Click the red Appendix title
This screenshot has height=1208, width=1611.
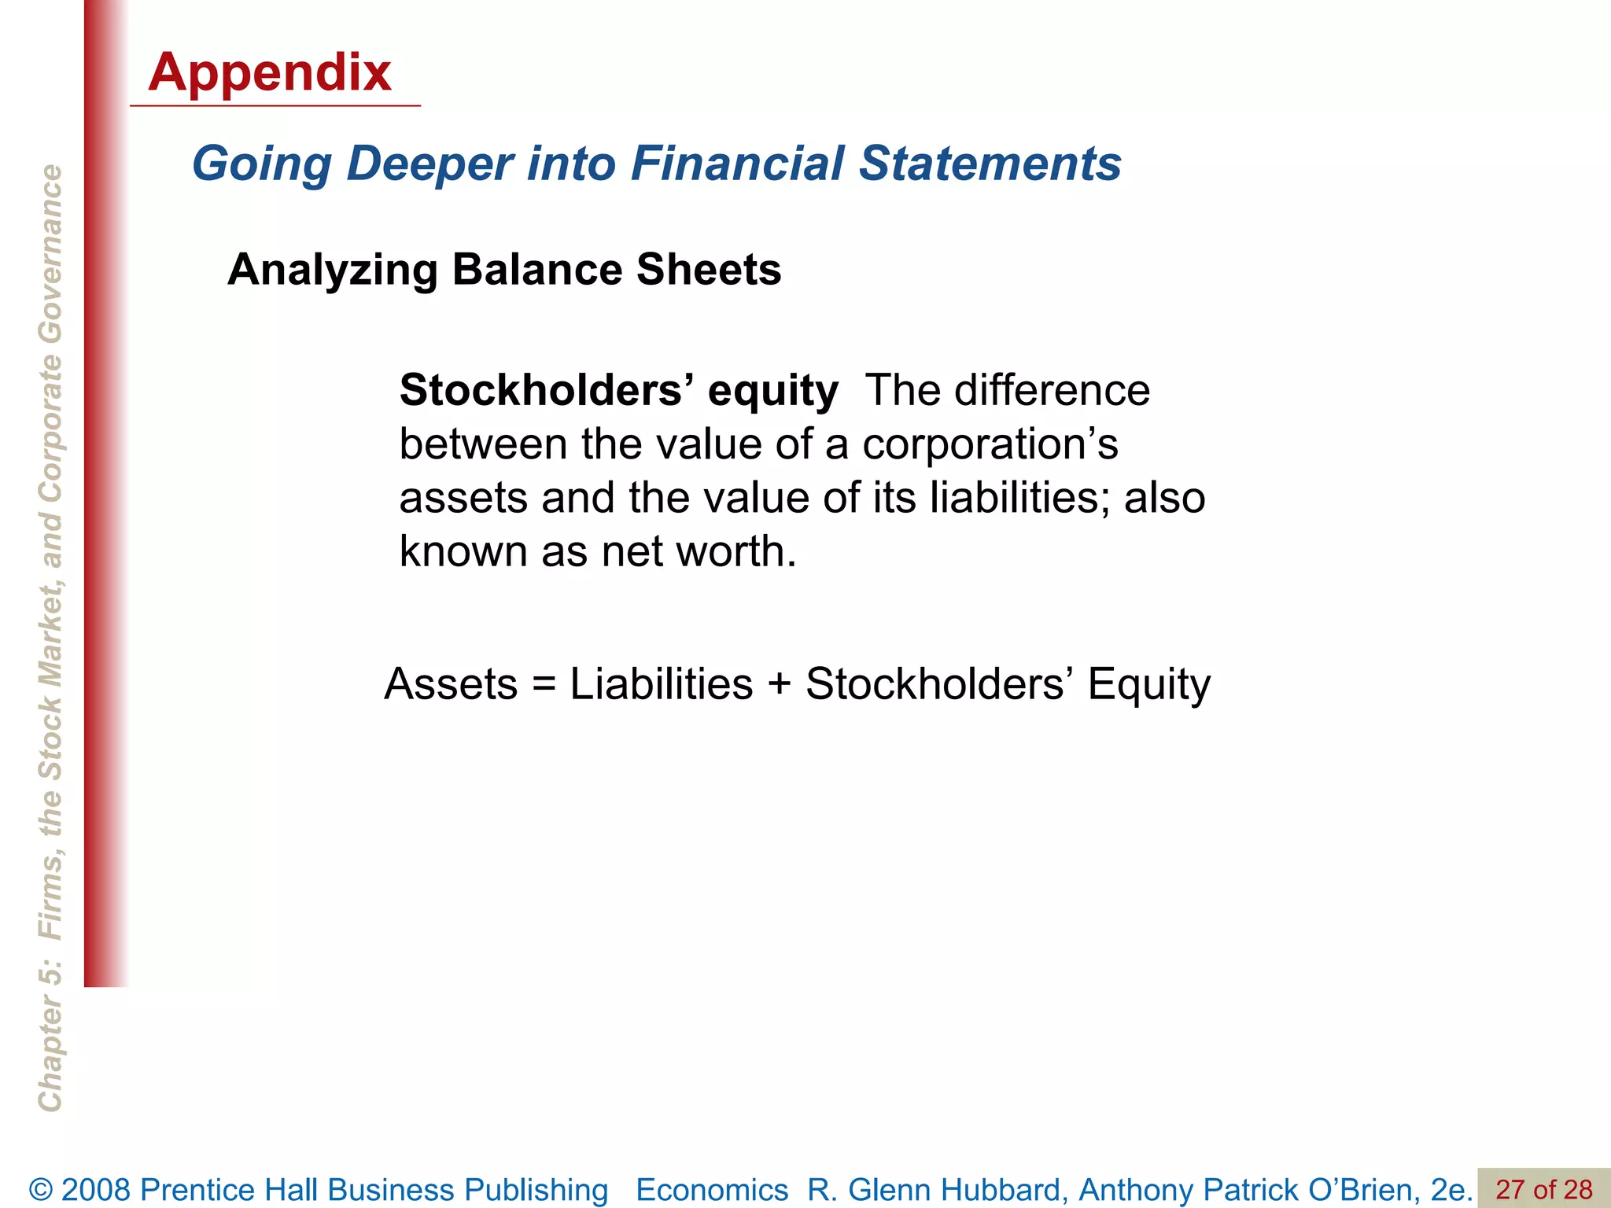point(269,72)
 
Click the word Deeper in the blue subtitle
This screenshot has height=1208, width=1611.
point(429,164)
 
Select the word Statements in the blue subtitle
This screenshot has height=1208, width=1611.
point(990,164)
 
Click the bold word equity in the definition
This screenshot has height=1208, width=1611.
point(772,391)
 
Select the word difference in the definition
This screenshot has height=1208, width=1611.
point(1052,391)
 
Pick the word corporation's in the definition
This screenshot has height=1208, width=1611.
point(990,444)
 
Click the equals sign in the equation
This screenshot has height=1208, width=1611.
point(544,684)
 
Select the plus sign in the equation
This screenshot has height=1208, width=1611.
point(779,684)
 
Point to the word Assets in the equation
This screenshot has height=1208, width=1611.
point(451,684)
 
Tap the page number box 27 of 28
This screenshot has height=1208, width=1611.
point(1543,1189)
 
